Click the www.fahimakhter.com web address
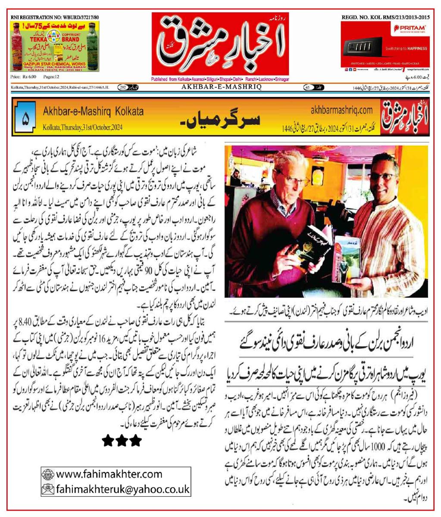109,474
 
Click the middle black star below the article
122,440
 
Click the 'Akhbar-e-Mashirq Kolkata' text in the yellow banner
93,111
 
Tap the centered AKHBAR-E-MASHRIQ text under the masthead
220,87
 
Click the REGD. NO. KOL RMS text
385,16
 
